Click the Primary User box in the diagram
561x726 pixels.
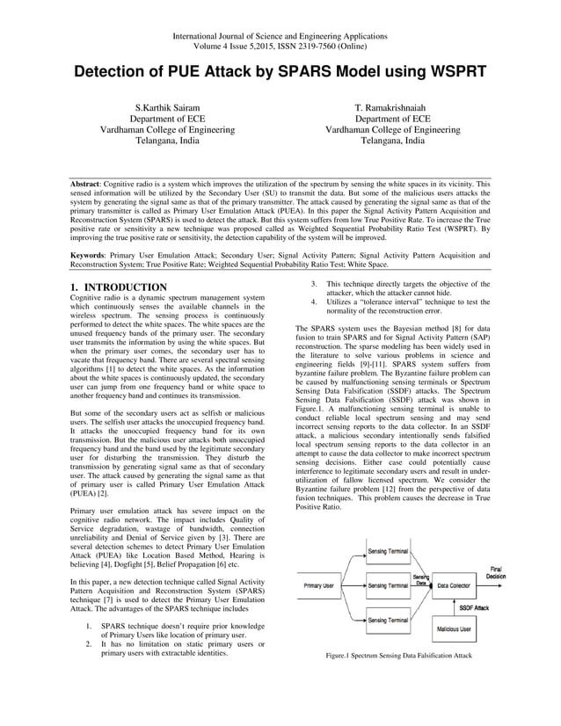pos(318,585)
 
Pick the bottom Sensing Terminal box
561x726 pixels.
pos(387,621)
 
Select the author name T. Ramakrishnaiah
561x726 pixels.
pos(393,106)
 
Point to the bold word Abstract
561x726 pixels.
pos(87,186)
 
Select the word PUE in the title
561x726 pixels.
pos(211,71)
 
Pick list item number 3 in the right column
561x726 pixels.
pos(314,284)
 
